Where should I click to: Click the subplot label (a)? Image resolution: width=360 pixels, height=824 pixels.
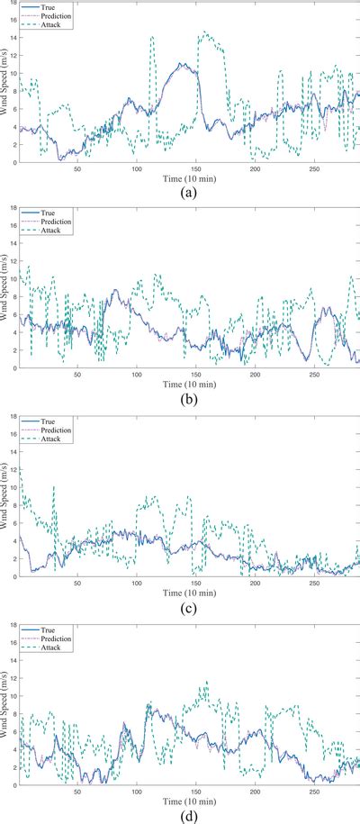point(190,194)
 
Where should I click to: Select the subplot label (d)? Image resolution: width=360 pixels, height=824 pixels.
point(190,815)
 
